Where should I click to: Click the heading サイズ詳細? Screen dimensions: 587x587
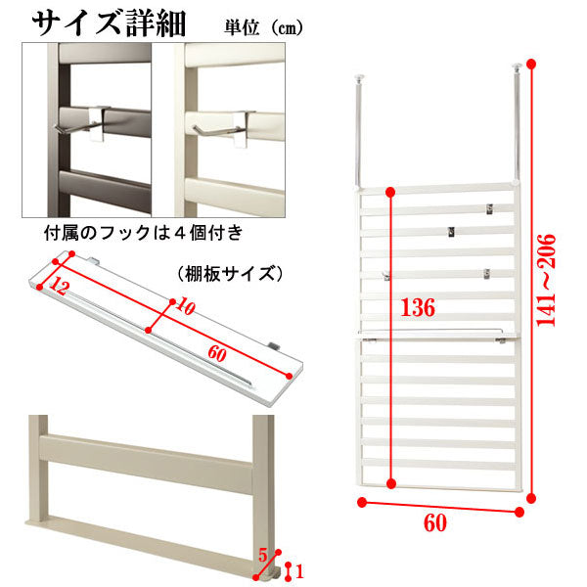pos(109,23)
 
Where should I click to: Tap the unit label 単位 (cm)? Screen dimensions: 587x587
pos(263,27)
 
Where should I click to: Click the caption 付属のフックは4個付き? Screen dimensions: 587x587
pos(144,233)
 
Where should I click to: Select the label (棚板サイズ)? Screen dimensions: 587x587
pos(230,274)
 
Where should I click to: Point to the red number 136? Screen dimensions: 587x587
pos(418,308)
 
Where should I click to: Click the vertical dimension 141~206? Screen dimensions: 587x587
pos(546,281)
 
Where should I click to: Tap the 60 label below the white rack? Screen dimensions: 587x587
pos(435,522)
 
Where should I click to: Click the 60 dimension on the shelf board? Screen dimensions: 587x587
pos(217,353)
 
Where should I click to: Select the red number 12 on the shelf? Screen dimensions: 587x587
pos(60,286)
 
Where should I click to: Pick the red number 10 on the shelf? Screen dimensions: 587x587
pos(186,306)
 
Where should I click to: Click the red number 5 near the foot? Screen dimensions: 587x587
pos(263,555)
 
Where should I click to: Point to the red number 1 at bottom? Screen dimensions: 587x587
pos(299,571)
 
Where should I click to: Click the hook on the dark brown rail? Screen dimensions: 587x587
pos(83,124)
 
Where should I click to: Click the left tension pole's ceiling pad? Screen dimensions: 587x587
pos(359,78)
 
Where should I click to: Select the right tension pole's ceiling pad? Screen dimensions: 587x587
pos(518,67)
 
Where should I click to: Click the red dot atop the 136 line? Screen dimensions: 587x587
pos(390,193)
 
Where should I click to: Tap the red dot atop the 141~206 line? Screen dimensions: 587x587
pos(531,64)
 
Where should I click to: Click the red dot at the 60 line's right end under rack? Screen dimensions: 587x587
pos(519,512)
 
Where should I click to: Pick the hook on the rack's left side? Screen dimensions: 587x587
pos(386,276)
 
